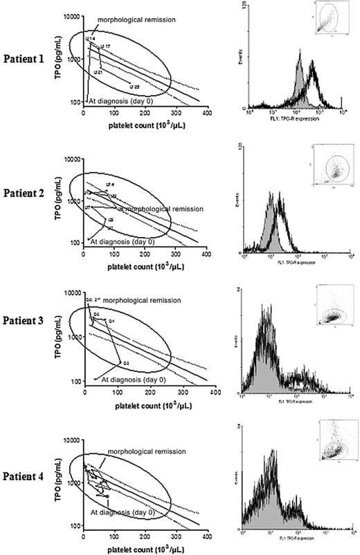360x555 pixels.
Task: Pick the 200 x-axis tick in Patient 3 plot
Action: tap(149, 392)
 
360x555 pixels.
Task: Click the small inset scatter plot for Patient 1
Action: tap(326, 19)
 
